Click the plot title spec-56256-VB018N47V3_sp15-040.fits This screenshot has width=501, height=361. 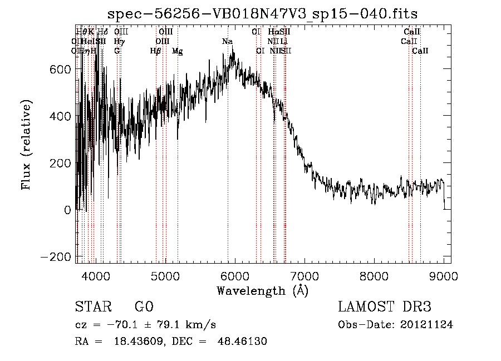pyautogui.click(x=263, y=13)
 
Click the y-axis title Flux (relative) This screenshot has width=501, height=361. pyautogui.click(x=26, y=144)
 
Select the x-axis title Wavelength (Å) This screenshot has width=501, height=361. pyautogui.click(x=262, y=290)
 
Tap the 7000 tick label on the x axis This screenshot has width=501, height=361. pyautogui.click(x=304, y=276)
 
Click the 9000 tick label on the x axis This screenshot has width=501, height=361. pyautogui.click(x=444, y=276)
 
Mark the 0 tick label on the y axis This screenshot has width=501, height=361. pyautogui.click(x=67, y=210)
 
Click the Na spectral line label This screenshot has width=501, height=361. pyautogui.click(x=227, y=42)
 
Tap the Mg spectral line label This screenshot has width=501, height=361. pyautogui.click(x=177, y=51)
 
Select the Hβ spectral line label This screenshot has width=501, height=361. pyautogui.click(x=155, y=51)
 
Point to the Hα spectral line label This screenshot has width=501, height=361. pyautogui.click(x=273, y=32)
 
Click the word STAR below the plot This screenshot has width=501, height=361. pyautogui.click(x=92, y=308)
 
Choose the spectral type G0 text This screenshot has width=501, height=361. pyautogui.click(x=144, y=308)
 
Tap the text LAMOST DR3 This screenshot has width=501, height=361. pyautogui.click(x=385, y=308)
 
